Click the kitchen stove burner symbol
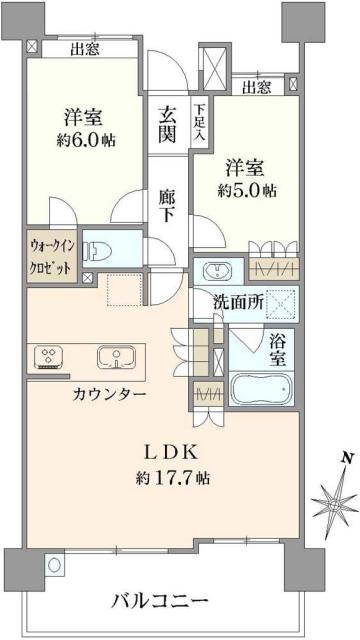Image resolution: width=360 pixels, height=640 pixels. [x=49, y=357]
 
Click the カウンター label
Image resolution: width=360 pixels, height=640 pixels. [x=110, y=394]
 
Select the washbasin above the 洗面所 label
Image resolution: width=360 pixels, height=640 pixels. [x=218, y=270]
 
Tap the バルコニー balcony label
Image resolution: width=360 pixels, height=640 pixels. [x=159, y=602]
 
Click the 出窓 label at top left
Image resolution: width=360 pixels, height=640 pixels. [x=84, y=47]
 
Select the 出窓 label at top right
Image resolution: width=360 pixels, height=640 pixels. [x=257, y=87]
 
